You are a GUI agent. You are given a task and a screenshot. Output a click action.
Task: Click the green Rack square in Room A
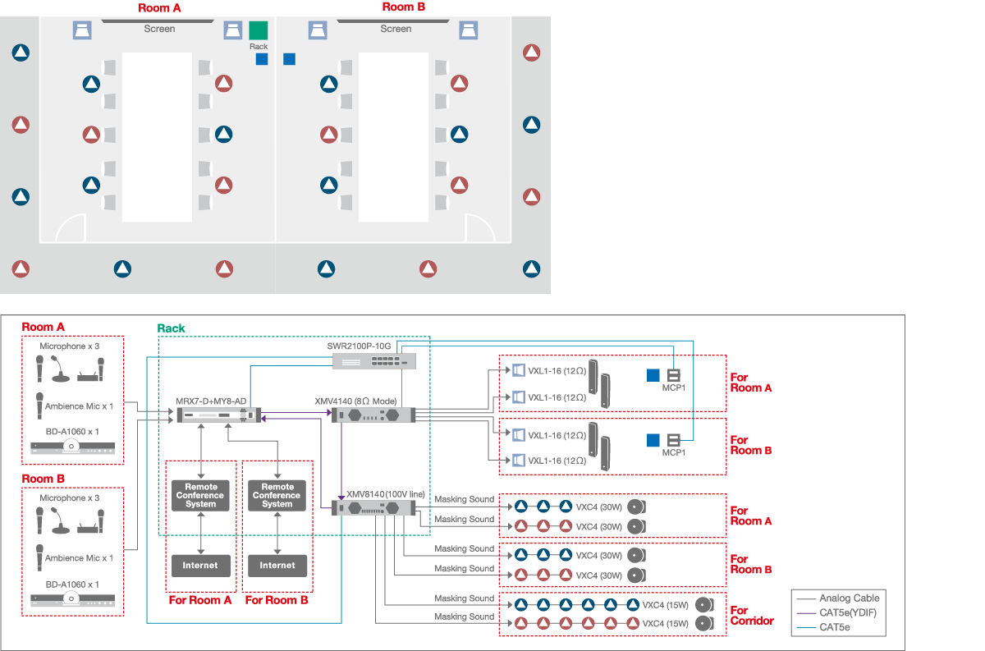(x=258, y=30)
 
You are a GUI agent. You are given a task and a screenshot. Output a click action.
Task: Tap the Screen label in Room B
(x=396, y=29)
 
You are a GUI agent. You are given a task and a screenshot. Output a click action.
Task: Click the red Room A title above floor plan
(x=160, y=7)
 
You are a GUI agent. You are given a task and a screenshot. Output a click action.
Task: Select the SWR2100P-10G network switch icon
(x=373, y=361)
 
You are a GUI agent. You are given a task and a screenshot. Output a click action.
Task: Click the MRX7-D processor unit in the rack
(x=217, y=415)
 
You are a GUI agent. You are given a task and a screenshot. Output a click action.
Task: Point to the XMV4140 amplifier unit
(x=374, y=415)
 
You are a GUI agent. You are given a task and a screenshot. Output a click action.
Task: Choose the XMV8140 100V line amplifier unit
(x=374, y=508)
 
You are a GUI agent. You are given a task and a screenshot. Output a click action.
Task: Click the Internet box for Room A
(x=200, y=565)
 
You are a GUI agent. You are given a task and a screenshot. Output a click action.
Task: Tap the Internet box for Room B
(x=277, y=565)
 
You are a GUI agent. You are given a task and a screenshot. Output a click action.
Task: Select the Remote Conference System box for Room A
(x=200, y=496)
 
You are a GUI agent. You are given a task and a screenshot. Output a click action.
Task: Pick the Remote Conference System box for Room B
(x=277, y=496)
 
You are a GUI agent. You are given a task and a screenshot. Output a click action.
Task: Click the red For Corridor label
(x=751, y=616)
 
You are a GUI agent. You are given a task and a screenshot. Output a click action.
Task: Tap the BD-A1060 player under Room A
(x=72, y=448)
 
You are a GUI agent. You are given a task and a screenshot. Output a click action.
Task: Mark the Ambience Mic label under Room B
(x=79, y=558)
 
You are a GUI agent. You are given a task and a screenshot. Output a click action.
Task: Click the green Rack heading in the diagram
(x=172, y=328)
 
